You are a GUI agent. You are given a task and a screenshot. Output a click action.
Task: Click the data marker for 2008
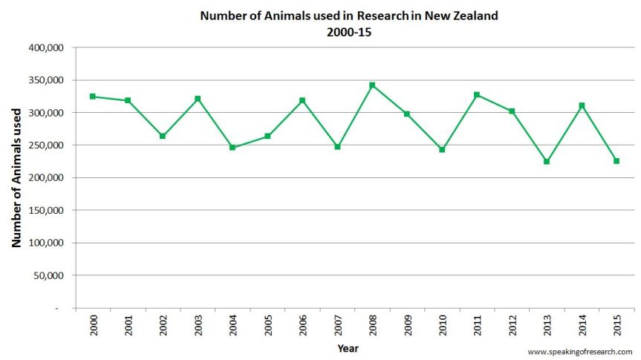click(372, 85)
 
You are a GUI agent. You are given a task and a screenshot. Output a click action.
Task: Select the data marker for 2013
click(547, 161)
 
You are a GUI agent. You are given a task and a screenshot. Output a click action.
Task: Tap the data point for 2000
click(93, 96)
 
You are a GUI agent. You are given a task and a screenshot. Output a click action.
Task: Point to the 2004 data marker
click(232, 148)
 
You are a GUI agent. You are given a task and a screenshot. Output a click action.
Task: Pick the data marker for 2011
click(477, 95)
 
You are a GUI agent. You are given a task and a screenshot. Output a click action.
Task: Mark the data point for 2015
click(616, 160)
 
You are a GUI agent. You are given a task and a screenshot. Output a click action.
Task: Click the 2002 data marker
click(163, 136)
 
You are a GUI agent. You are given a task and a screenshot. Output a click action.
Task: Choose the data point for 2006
click(302, 100)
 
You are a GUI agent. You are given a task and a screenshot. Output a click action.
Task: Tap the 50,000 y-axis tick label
click(51, 275)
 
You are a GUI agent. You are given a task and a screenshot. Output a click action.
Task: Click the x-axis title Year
click(348, 347)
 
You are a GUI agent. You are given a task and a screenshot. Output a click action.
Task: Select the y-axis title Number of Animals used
click(16, 177)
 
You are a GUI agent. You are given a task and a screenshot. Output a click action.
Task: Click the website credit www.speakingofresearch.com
click(580, 351)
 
